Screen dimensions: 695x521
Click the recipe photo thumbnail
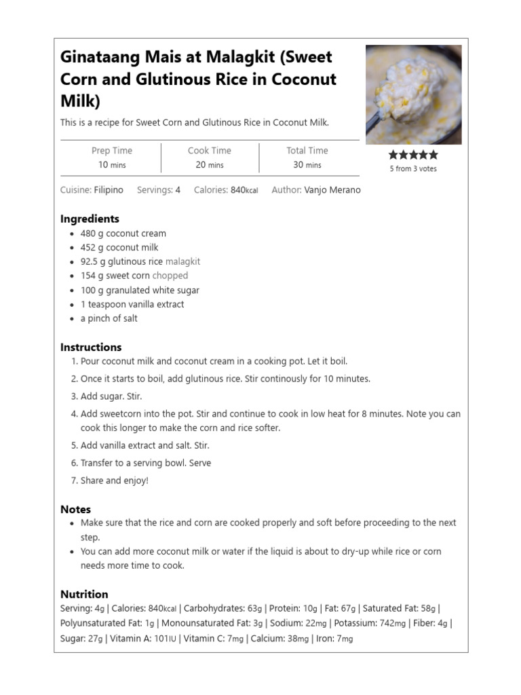[x=413, y=94]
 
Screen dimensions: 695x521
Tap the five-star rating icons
[x=412, y=155]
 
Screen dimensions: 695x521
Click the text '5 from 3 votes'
[x=412, y=169]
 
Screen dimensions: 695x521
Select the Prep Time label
[x=112, y=151]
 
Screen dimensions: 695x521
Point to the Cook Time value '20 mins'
[x=210, y=165]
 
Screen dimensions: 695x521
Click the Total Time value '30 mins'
[x=307, y=165]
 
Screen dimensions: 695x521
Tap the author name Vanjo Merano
[x=332, y=190]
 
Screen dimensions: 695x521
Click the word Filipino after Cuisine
[x=109, y=190]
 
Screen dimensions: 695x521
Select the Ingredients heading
[x=90, y=219]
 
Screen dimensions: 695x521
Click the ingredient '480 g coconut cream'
[x=123, y=233]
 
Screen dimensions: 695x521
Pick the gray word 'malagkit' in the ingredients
[x=182, y=261]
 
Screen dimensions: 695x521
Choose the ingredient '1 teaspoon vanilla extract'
[x=132, y=304]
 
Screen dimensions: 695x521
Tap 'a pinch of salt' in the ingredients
[x=109, y=318]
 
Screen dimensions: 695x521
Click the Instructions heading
[x=91, y=347]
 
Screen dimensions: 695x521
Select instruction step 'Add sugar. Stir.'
[x=111, y=396]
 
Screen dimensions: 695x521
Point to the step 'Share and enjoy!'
[x=114, y=481]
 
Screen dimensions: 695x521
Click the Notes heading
[x=75, y=509]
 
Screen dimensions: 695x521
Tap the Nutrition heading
[x=84, y=594]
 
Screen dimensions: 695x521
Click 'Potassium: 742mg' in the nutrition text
[x=372, y=623]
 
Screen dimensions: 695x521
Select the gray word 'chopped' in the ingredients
[x=170, y=276]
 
